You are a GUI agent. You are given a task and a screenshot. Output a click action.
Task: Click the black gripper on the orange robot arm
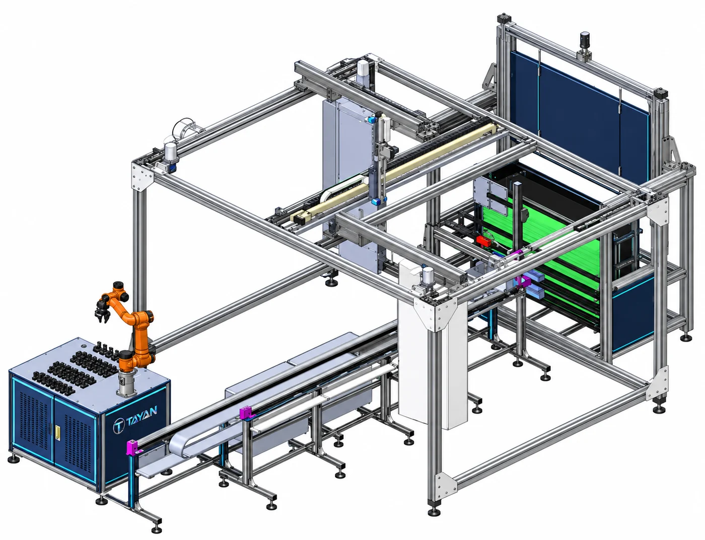[x=102, y=311]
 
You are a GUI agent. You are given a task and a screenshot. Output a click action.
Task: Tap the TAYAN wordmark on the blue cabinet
[x=142, y=413]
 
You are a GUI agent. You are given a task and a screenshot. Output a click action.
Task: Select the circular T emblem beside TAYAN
[x=118, y=425]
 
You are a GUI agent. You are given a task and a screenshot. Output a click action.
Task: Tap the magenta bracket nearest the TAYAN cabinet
[x=133, y=447]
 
